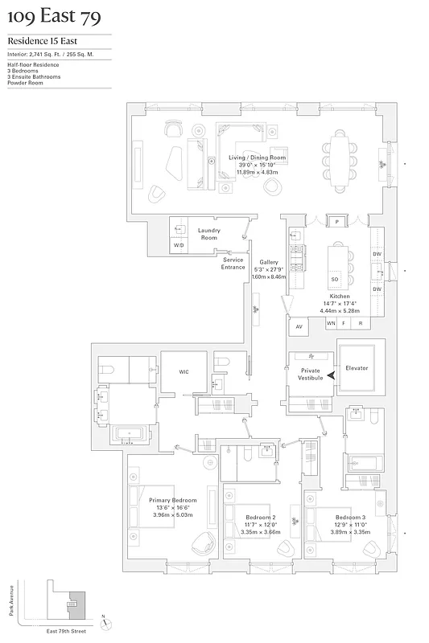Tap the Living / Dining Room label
(257, 158)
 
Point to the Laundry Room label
(208, 234)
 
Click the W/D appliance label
(179, 244)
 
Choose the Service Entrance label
(233, 263)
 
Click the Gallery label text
(268, 262)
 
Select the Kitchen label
(340, 297)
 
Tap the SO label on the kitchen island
(335, 279)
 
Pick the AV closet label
(299, 326)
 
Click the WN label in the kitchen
(330, 323)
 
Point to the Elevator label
(357, 368)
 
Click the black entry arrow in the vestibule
(331, 386)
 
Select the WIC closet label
(183, 372)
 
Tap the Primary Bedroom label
(172, 500)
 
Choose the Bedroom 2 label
(262, 517)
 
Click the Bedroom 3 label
(353, 516)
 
